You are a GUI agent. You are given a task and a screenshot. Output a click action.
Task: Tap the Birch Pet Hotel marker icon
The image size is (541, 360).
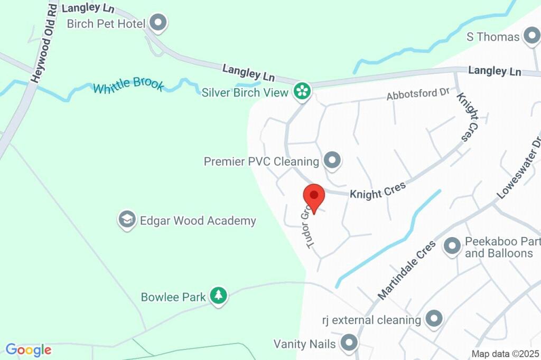point(158,23)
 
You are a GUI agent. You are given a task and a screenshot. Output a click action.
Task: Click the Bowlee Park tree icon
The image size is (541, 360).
point(218,296)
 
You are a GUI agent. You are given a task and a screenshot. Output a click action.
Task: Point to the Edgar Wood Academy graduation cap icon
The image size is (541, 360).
point(127,220)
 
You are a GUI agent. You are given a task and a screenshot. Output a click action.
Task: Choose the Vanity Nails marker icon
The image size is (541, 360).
point(349,343)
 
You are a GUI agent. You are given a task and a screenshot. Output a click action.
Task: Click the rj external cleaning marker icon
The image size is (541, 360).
point(434,318)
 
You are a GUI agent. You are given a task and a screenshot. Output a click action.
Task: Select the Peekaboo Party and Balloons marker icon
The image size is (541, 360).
point(452,245)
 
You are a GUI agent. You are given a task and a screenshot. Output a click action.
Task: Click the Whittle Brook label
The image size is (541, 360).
point(128,86)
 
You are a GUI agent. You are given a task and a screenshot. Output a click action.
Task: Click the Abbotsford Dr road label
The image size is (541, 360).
point(417,94)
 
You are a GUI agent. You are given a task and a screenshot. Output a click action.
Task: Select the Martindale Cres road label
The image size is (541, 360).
point(407,270)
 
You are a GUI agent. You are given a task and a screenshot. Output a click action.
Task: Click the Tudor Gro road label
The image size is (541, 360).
point(309,226)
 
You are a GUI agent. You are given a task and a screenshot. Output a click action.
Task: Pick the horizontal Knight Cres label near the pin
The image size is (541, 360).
point(377,190)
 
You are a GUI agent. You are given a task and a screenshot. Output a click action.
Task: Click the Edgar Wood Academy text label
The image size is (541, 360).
point(198,221)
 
